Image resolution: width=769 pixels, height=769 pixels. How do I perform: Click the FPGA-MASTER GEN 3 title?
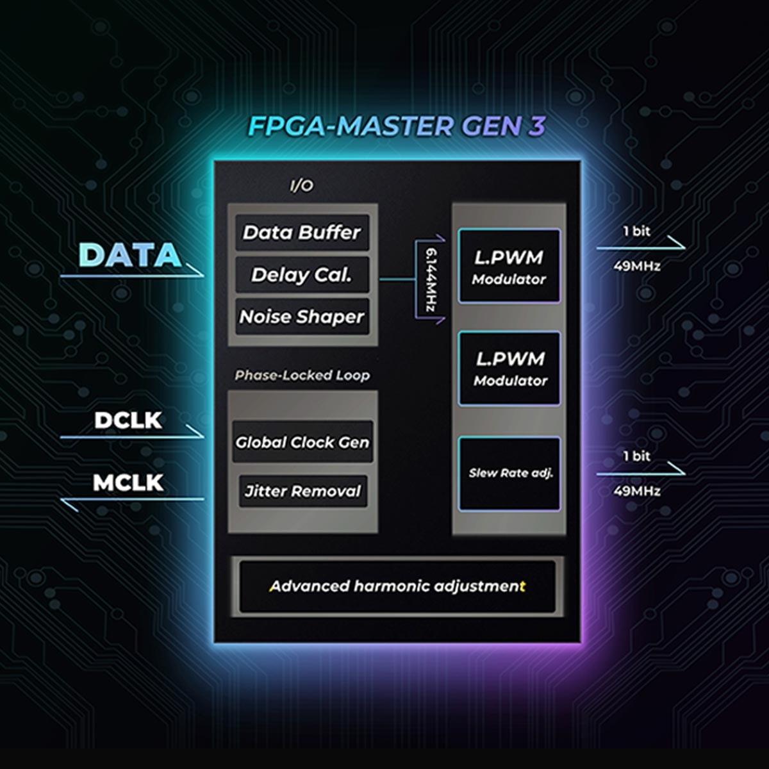[396, 126]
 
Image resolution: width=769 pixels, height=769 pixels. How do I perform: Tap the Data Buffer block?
[302, 232]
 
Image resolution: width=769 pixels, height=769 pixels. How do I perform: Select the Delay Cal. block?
[302, 275]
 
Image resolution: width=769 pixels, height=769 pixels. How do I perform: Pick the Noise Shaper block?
[302, 317]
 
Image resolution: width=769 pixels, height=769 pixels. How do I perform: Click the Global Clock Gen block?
[302, 442]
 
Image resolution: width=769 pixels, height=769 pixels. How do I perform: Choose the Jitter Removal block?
[302, 492]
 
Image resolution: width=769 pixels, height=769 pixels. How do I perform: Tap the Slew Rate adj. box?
[510, 474]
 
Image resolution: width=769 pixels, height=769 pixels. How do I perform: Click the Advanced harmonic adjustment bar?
[397, 586]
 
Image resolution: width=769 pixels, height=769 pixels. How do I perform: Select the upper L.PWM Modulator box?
[509, 266]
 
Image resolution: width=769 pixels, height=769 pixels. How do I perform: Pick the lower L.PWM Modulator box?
[510, 368]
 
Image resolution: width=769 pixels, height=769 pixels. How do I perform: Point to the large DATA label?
[130, 255]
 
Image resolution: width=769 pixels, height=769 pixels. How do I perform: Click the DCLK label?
[128, 420]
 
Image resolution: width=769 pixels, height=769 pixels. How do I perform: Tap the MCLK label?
[128, 483]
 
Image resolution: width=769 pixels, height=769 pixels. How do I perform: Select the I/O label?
[302, 186]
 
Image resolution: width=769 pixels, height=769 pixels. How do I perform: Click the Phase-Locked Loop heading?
[302, 375]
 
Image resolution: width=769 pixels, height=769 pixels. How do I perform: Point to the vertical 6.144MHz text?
[433, 279]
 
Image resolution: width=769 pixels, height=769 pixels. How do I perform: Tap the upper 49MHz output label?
[636, 265]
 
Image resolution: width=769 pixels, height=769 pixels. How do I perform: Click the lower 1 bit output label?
[636, 456]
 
